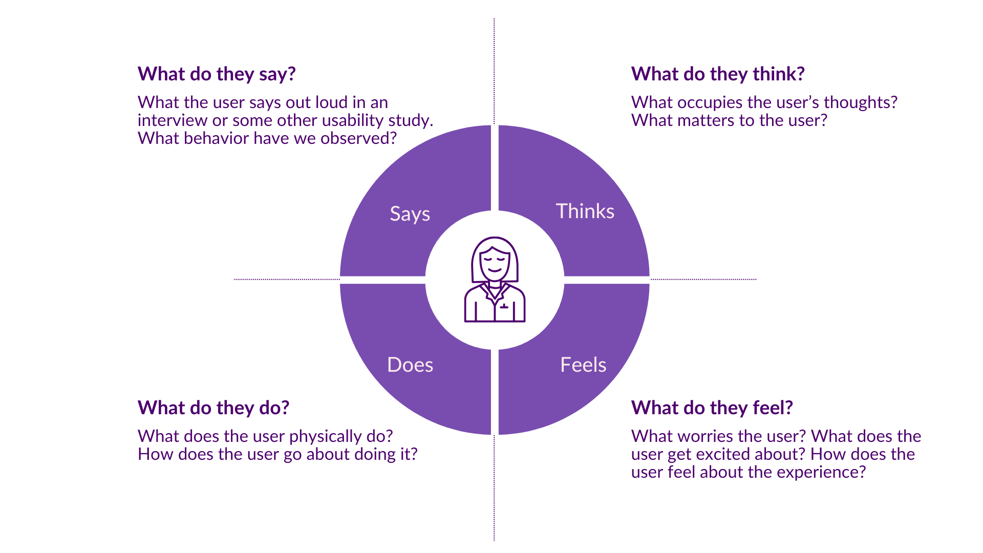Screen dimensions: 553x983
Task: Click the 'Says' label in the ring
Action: (410, 214)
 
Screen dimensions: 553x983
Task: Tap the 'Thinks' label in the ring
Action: (585, 211)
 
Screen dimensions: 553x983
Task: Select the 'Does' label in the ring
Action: (410, 365)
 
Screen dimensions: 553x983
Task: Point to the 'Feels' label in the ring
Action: (583, 365)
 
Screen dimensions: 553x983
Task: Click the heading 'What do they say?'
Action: (217, 74)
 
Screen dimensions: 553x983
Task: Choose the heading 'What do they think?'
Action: (718, 74)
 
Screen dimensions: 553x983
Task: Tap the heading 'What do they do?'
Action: (213, 408)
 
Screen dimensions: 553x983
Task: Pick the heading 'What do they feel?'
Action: (712, 408)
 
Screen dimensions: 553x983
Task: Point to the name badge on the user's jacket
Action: (504, 306)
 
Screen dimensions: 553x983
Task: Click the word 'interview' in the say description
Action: (172, 120)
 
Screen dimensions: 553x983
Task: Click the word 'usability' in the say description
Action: (352, 120)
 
